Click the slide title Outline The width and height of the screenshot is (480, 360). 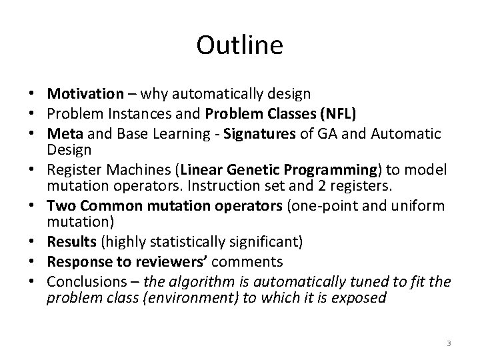pos(240,45)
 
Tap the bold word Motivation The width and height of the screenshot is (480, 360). pos(85,93)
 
